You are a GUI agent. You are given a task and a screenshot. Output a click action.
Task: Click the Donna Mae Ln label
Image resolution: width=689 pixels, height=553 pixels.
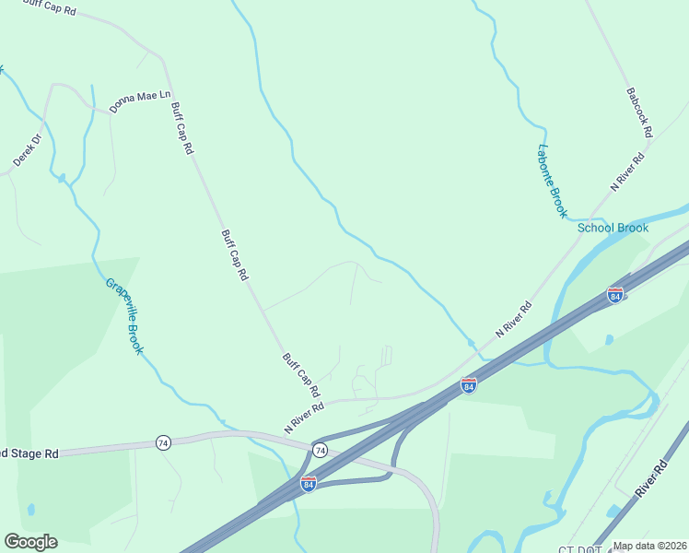140,101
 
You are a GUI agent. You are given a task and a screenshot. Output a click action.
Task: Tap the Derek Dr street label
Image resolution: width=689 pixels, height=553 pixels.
28,150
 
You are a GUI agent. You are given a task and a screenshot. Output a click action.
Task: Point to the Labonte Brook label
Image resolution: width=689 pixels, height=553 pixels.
552,182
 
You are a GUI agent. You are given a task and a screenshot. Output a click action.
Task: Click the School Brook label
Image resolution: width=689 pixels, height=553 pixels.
613,228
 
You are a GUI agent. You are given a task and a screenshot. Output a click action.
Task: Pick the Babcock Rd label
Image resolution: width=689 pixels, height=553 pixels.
638,112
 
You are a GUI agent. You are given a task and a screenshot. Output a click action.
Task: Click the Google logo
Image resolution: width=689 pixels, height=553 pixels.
30,542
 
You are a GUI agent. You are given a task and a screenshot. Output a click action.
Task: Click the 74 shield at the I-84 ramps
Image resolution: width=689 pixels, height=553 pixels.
320,450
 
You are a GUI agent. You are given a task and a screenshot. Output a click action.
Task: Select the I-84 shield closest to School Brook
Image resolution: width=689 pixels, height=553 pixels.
614,295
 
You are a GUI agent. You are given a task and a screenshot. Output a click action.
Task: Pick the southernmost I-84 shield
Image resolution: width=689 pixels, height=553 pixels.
309,484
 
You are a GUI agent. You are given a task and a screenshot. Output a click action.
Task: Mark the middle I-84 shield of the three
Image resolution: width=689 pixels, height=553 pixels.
468,385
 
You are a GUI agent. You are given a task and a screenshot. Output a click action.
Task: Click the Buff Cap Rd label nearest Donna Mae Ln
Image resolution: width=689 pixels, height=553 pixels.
181,128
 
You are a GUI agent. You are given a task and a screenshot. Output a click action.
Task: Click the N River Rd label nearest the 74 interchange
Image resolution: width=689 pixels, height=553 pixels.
304,418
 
